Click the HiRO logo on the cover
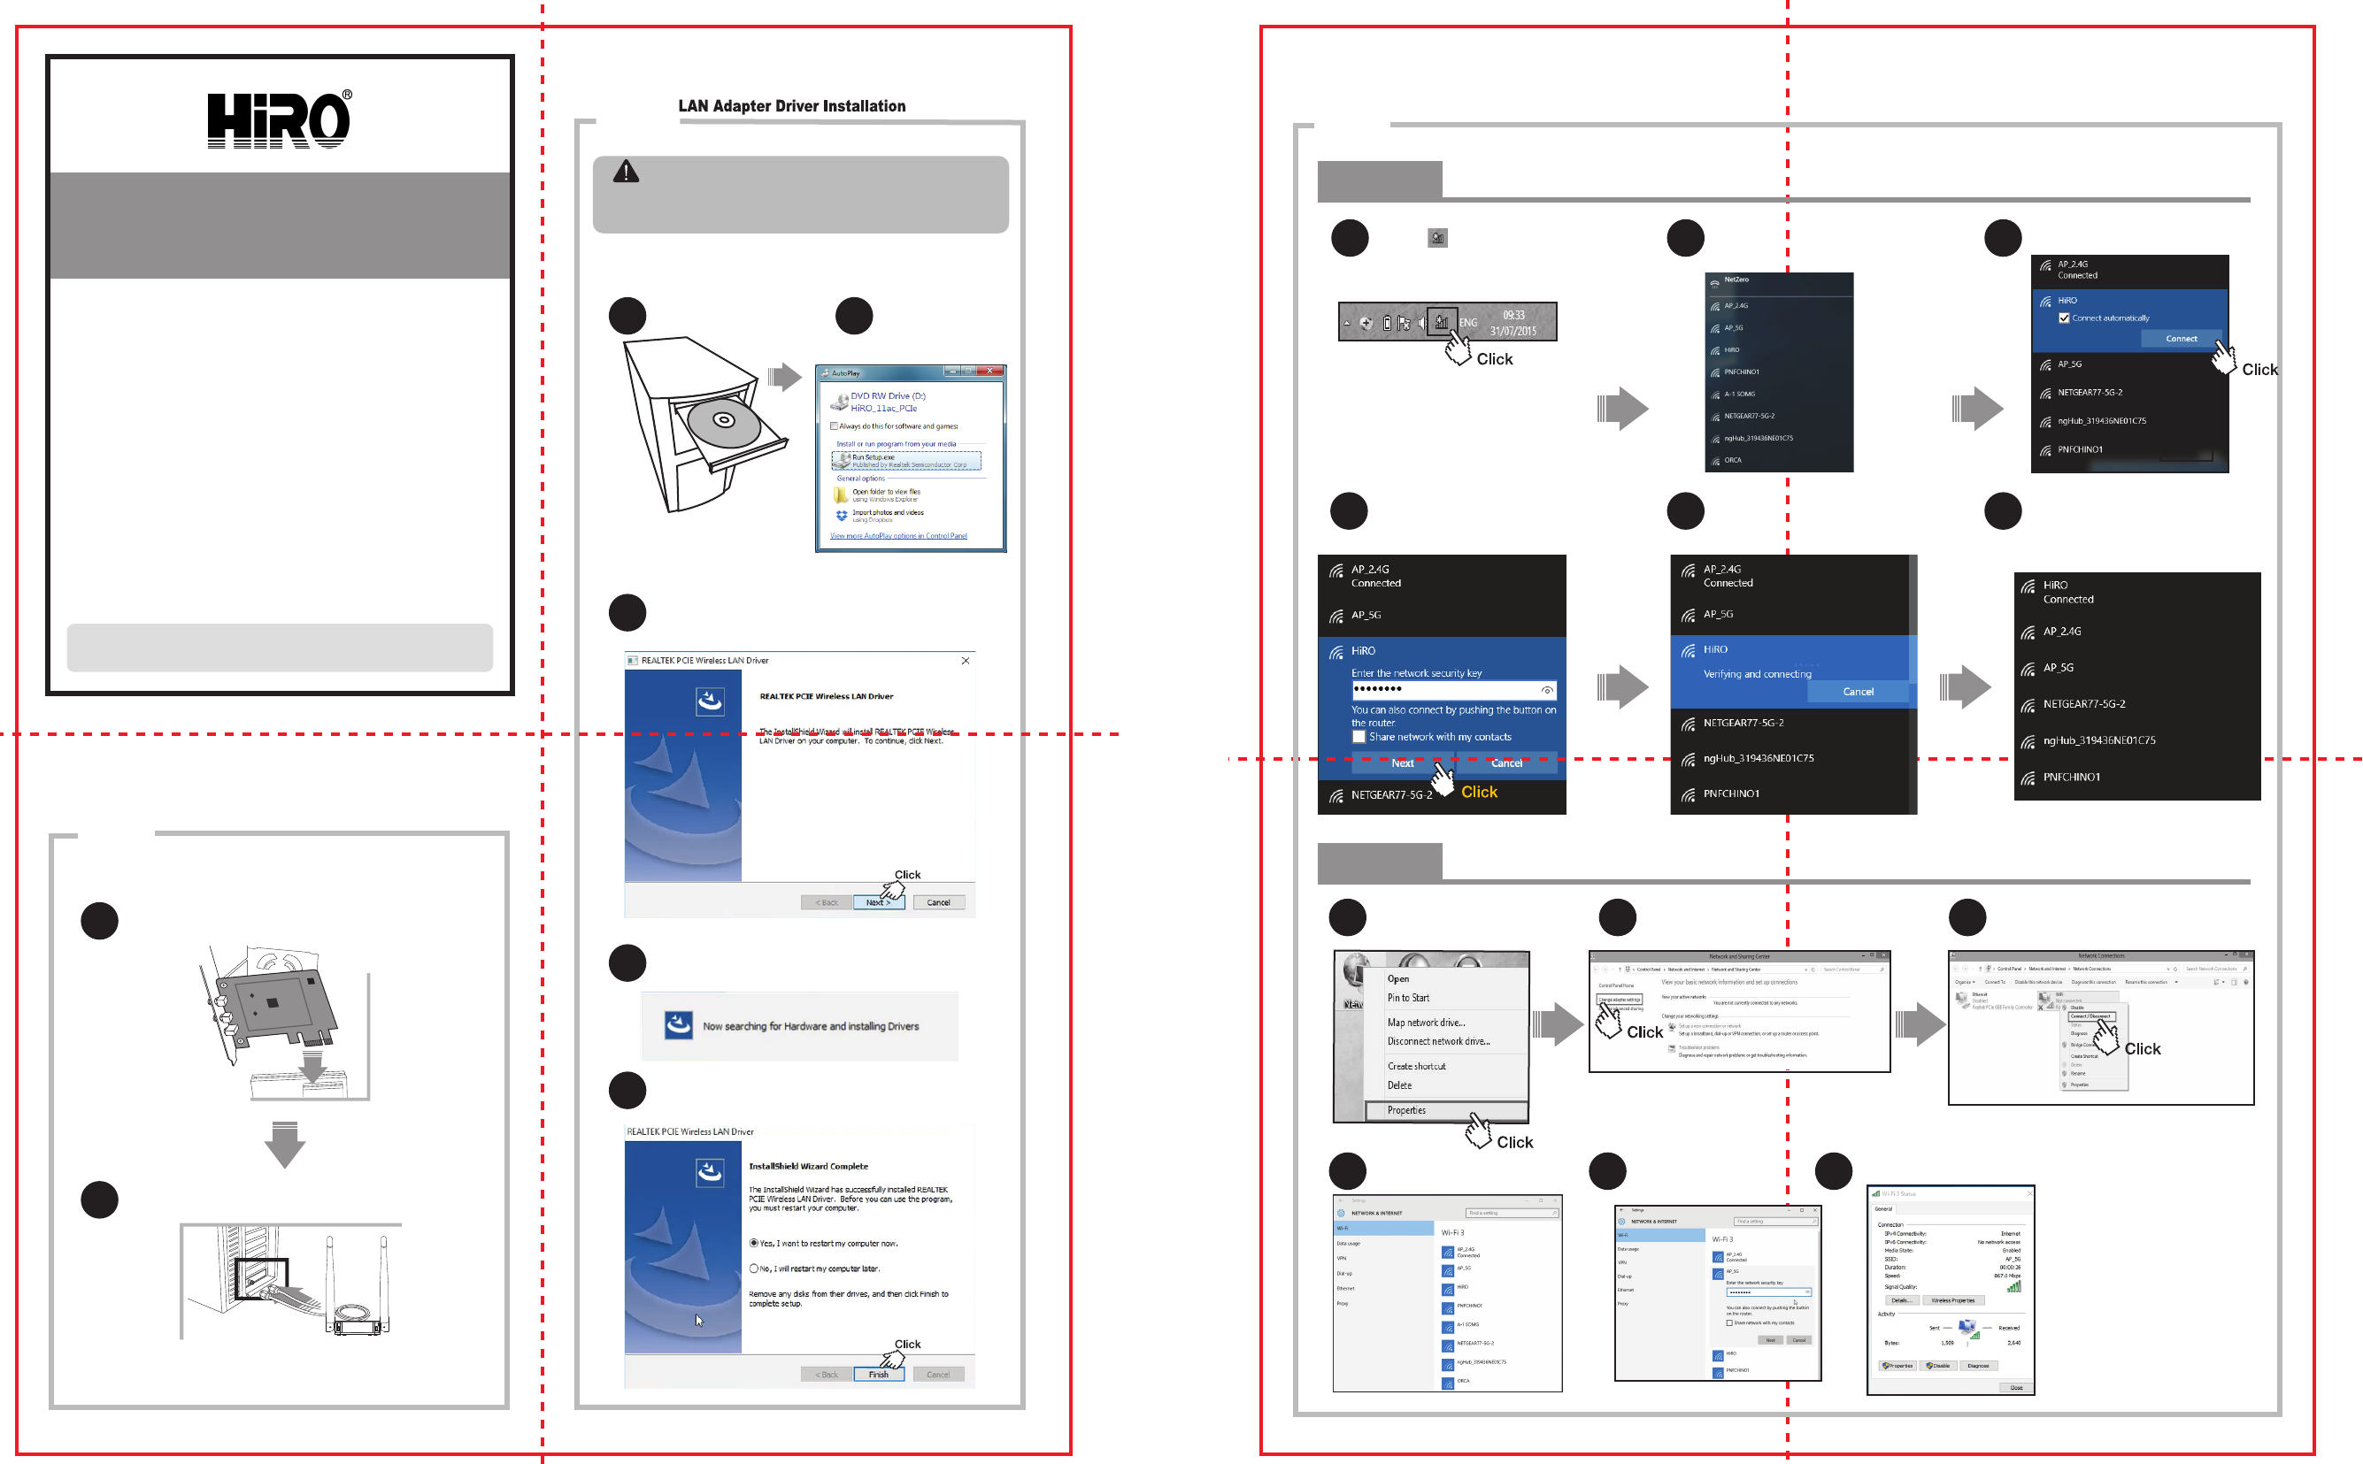[279, 120]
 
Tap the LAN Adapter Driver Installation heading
[791, 106]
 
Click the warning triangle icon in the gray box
[626, 172]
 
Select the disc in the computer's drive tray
[723, 420]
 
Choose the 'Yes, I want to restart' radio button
[753, 1242]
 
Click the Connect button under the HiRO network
[2180, 339]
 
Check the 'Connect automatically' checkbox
[2064, 318]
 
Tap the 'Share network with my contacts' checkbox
[1359, 737]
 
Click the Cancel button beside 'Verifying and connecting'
[1858, 692]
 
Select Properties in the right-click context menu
[1406, 1110]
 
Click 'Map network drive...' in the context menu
[1426, 1023]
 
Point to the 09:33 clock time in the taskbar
[1513, 316]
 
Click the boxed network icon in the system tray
[1442, 322]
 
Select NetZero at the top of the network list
[1736, 280]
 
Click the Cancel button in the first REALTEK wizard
[937, 902]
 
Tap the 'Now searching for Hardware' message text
[811, 1026]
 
